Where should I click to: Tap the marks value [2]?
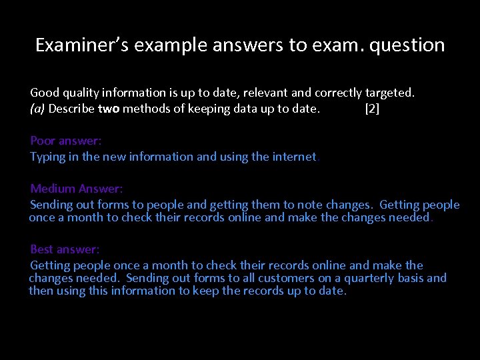tap(372, 109)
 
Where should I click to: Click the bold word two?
tap(109, 109)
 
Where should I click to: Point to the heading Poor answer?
tap(65, 141)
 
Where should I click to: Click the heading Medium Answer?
tap(77, 189)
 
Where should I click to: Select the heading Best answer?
tap(65, 249)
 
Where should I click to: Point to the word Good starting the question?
tap(45, 93)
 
